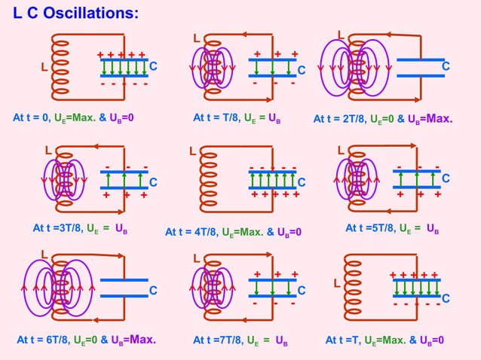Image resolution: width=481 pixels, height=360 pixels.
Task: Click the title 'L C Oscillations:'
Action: pos(75,14)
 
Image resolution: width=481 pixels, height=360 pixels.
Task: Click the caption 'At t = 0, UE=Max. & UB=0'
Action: pos(73,118)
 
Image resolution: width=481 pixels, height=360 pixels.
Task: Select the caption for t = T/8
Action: pos(237,118)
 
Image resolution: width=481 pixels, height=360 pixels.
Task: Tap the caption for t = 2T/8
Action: pos(383,118)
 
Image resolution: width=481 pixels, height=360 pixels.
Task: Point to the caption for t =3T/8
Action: pos(80,228)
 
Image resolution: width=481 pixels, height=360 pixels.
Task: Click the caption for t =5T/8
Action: pos(393,228)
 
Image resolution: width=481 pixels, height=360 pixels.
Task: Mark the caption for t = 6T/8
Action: pos(86,340)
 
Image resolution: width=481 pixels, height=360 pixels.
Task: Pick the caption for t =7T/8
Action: pos(240,340)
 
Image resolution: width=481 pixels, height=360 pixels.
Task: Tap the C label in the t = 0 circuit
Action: pos(153,67)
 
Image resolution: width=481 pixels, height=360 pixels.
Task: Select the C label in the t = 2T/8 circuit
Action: pos(446,67)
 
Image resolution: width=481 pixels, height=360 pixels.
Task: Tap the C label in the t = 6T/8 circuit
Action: pos(152,290)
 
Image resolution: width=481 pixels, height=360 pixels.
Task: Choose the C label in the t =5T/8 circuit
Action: pos(446,178)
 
